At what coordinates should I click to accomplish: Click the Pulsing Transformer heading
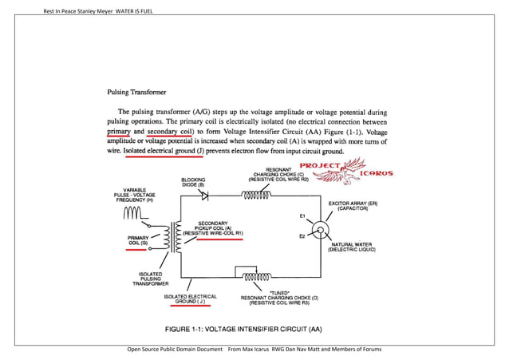tap(136, 93)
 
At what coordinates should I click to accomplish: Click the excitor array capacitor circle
tap(320, 231)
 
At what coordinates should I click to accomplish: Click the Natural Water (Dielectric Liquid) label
tap(352, 247)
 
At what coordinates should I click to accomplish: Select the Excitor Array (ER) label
tap(351, 205)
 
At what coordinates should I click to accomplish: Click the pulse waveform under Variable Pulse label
tap(133, 213)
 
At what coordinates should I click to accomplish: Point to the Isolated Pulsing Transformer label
tap(151, 278)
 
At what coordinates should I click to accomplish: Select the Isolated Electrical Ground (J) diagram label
tap(191, 299)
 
